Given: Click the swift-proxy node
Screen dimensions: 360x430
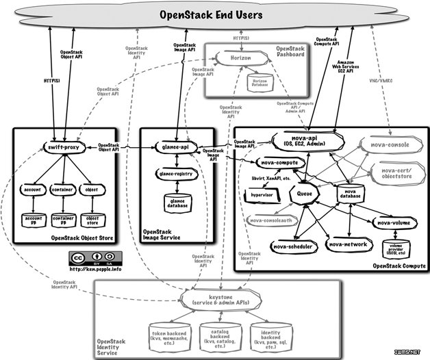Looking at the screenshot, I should (65, 147).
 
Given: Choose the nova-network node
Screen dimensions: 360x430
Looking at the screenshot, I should (348, 244).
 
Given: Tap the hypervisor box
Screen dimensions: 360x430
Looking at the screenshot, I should (260, 194).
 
